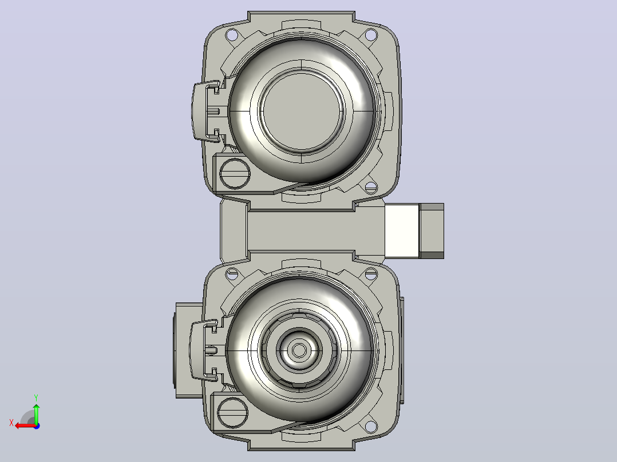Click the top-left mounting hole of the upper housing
pyautogui.click(x=232, y=35)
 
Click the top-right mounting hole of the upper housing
pyautogui.click(x=371, y=35)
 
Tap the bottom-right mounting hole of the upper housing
pyautogui.click(x=371, y=188)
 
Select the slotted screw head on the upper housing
pyautogui.click(x=235, y=173)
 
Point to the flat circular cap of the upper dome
pyautogui.click(x=302, y=111)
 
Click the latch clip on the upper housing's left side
pyautogui.click(x=206, y=111)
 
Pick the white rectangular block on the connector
pyautogui.click(x=402, y=231)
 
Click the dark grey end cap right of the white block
pyautogui.click(x=432, y=231)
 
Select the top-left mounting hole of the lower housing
pyautogui.click(x=232, y=273)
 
